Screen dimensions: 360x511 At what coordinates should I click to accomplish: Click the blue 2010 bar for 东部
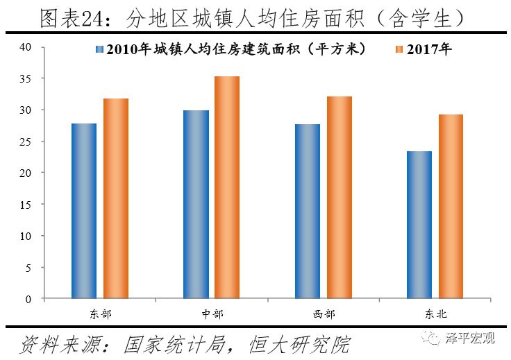click(84, 211)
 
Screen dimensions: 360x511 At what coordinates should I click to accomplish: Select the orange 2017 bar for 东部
click(116, 198)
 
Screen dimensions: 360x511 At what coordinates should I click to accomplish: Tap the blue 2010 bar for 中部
click(196, 205)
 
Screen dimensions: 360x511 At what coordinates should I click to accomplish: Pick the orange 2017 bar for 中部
click(228, 187)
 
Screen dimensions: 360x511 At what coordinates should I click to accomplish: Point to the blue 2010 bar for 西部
click(308, 212)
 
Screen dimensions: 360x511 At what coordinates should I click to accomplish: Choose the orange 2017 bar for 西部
click(340, 198)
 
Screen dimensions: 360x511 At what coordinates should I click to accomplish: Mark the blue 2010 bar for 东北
click(419, 225)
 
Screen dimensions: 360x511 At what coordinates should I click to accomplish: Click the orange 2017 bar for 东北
click(451, 207)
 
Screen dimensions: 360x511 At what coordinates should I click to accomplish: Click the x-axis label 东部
click(101, 314)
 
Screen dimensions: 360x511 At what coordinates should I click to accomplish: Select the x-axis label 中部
click(212, 314)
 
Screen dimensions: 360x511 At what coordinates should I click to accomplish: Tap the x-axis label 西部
click(324, 314)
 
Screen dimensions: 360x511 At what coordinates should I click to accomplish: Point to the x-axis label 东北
click(436, 314)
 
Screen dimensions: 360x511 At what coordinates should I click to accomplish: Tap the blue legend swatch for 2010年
click(100, 50)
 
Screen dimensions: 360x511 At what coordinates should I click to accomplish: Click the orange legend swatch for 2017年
click(399, 50)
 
